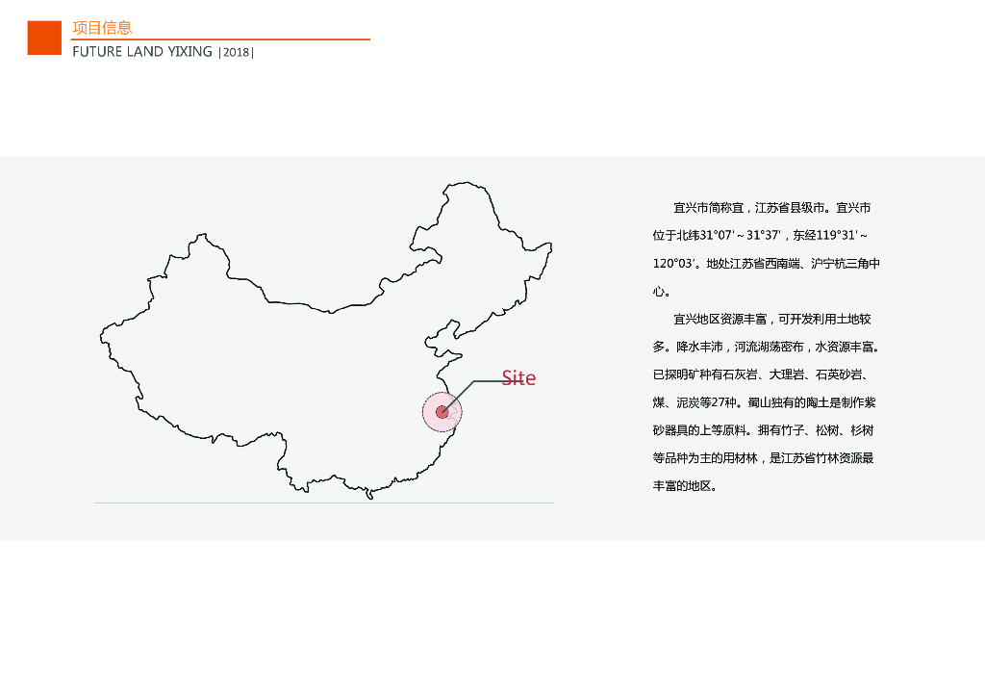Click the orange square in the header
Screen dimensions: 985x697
click(x=44, y=38)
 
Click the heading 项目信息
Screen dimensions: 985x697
click(x=102, y=28)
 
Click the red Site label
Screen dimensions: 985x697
click(x=518, y=378)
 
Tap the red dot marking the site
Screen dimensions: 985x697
click(x=442, y=412)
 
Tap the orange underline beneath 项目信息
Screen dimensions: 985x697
click(x=220, y=39)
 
